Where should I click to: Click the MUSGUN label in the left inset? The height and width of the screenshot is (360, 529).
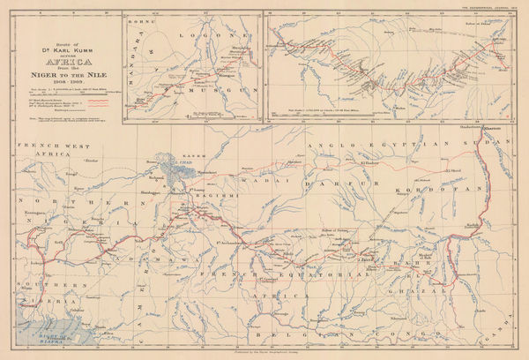205,103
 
